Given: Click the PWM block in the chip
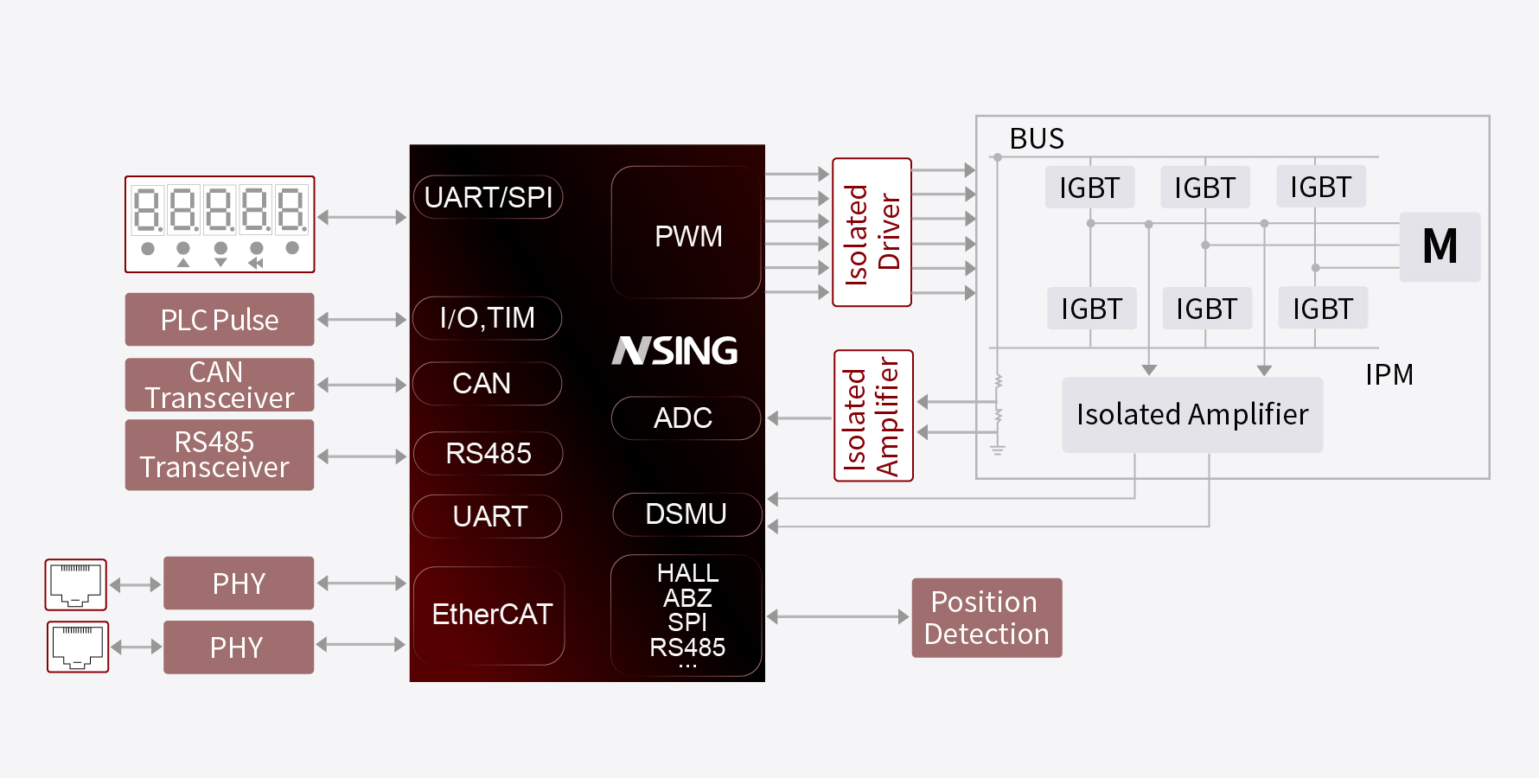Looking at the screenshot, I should (686, 233).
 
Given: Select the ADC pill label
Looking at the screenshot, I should (685, 418).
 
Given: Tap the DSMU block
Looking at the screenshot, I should (686, 514).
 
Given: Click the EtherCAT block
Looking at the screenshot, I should (489, 615).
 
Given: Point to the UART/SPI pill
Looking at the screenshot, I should (489, 197).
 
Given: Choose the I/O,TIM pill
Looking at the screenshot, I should (488, 318).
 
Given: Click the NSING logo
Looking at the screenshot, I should (675, 350).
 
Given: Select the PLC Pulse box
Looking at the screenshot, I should (220, 320).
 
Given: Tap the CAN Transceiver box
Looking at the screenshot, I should (220, 385).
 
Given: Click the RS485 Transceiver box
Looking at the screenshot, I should (220, 455).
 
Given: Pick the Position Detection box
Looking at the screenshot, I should (987, 618).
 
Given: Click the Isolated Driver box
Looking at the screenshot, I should (872, 233).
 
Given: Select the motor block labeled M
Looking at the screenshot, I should (1440, 246).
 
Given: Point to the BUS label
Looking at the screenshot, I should (1037, 139).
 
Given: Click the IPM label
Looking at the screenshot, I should (1389, 375).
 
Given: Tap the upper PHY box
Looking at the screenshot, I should (239, 583).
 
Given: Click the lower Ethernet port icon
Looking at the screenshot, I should (78, 647).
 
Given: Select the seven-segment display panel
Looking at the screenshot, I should (220, 224).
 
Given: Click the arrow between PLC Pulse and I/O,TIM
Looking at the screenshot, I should (361, 320).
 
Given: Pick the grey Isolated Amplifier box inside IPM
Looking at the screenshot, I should (1192, 415).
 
